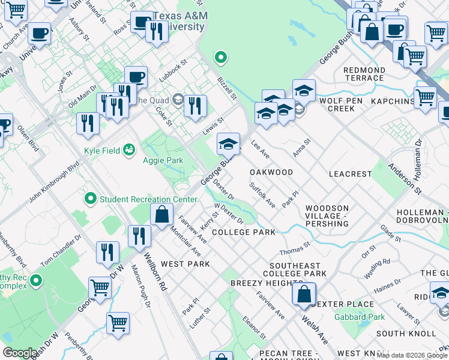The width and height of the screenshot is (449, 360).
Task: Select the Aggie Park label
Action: (163, 160)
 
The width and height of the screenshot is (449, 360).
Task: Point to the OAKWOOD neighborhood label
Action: (271, 172)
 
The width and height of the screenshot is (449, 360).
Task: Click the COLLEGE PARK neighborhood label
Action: (243, 232)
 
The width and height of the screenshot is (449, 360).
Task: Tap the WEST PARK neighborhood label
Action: (185, 264)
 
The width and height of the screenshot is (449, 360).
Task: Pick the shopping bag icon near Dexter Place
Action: (304, 294)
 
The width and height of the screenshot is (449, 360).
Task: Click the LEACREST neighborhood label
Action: (351, 173)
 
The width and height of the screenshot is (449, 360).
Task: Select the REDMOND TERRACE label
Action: (364, 74)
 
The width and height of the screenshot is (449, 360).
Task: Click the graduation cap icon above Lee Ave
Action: (228, 144)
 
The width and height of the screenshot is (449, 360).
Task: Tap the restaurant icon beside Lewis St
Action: (195, 106)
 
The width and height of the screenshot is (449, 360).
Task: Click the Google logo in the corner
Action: (20, 353)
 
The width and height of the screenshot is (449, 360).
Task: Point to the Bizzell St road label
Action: (228, 88)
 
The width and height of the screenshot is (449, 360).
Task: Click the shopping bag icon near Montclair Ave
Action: (162, 214)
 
